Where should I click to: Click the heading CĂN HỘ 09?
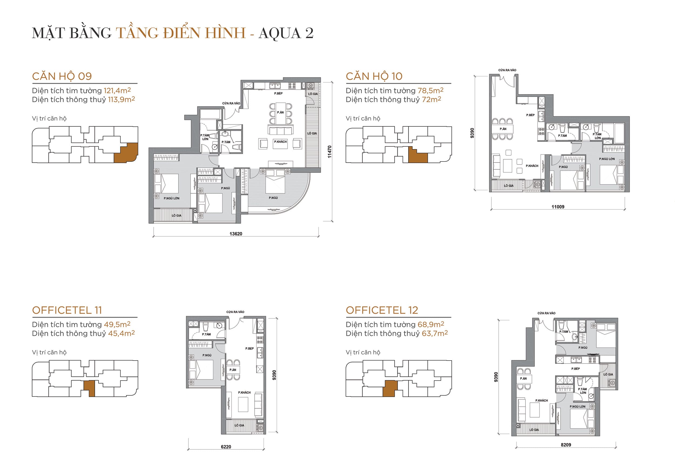tap(62, 76)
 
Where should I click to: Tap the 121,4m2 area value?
tap(117, 90)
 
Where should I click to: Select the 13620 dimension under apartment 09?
tap(236, 234)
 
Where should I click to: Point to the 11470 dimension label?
tap(330, 152)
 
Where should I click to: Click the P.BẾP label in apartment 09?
tap(278, 93)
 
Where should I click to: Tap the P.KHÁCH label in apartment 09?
tap(280, 142)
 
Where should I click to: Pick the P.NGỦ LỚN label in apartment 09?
tap(171, 199)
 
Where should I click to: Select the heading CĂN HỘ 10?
tap(374, 76)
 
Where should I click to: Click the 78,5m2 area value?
tap(430, 90)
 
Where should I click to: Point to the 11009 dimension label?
tap(558, 207)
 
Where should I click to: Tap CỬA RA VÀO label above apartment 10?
tap(507, 70)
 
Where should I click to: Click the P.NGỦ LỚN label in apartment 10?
tap(607, 159)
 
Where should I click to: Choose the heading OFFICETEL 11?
tap(67, 310)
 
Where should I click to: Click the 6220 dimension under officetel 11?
tap(226, 447)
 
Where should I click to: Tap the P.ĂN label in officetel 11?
tap(233, 370)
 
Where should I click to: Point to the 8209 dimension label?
tap(566, 445)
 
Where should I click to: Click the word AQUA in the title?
tap(279, 33)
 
